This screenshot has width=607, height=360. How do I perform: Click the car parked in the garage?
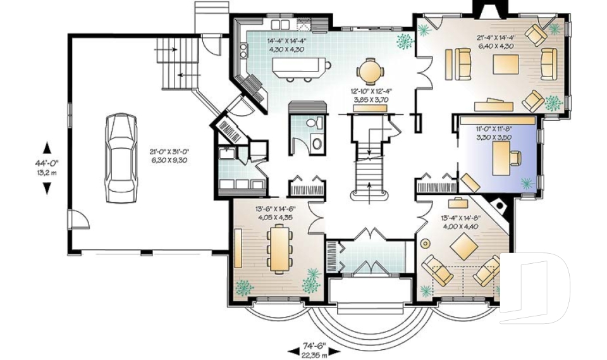click(x=120, y=158)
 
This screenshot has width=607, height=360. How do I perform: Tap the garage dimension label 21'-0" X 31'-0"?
click(x=170, y=156)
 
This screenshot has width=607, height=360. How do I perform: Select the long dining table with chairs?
click(x=278, y=249)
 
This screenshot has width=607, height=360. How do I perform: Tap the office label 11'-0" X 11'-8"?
click(x=493, y=132)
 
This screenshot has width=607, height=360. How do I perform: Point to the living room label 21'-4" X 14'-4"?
click(x=496, y=41)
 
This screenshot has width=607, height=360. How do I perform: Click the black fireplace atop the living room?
click(x=487, y=9)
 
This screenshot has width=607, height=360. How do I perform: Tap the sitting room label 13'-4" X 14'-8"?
click(x=460, y=222)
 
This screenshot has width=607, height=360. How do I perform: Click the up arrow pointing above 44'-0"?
click(x=47, y=148)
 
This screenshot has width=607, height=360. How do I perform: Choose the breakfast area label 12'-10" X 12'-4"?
click(x=369, y=96)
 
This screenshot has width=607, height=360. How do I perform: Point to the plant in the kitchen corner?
click(x=403, y=41)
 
